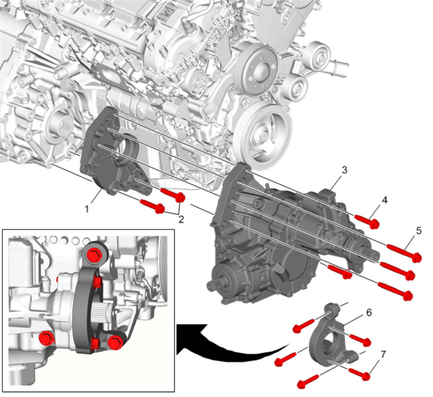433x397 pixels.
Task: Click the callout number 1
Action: pos(87,209)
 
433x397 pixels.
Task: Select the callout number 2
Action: pos(181,219)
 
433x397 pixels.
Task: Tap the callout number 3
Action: pos(345,170)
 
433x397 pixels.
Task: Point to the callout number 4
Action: pos(384,200)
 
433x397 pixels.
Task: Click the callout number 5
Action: pos(419,231)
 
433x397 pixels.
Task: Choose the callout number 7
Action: pos(383,354)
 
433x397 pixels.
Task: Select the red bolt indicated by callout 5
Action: pos(404,253)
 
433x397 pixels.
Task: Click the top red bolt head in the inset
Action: pos(94,255)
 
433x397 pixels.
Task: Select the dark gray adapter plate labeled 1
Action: pos(112,151)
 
